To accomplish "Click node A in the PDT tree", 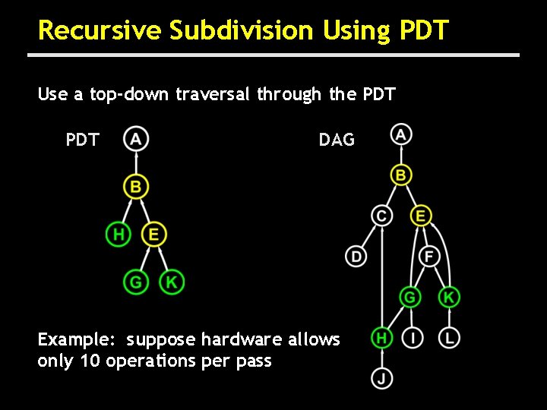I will coord(136,139).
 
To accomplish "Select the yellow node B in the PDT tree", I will coord(136,186).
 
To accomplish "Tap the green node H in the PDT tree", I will coord(118,235).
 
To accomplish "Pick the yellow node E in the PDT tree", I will coord(154,235).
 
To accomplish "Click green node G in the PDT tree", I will coord(135,282).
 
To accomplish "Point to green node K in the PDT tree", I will coord(172,282).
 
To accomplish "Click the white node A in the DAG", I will coord(401,135).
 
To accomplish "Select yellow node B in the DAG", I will coord(401,175).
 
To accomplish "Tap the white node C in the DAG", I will coord(382,216).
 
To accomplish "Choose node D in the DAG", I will coord(356,257).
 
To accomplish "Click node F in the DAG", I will coord(429,257).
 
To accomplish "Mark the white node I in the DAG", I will coord(412,337).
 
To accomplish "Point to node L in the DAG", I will coord(450,337).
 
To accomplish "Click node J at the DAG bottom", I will coord(382,377).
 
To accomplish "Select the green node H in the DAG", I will coord(382,337).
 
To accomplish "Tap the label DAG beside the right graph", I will coord(337,140).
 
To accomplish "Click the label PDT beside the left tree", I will coord(82,140).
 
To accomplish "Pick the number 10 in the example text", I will coord(90,361).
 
